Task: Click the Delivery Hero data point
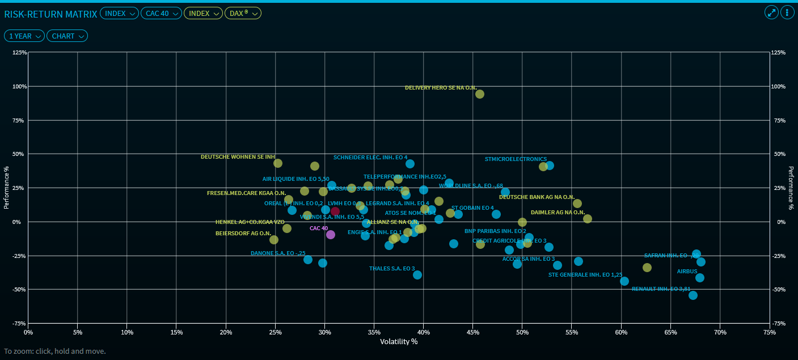point(480,94)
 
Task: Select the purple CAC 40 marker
point(331,235)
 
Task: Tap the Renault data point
point(693,295)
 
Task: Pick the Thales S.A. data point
point(417,275)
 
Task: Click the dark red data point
point(335,211)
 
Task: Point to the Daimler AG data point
point(588,219)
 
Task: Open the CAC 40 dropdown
point(161,13)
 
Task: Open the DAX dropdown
point(243,13)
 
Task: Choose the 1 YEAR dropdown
point(24,36)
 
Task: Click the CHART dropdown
point(67,36)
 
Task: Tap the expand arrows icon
point(771,12)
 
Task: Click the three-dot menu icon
point(787,12)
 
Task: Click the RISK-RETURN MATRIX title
point(50,13)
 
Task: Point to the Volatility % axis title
point(399,341)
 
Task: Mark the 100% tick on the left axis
point(20,86)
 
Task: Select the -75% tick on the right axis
point(778,323)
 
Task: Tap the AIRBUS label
point(687,272)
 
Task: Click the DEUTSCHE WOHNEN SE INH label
point(238,157)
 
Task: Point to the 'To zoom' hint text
point(55,351)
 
